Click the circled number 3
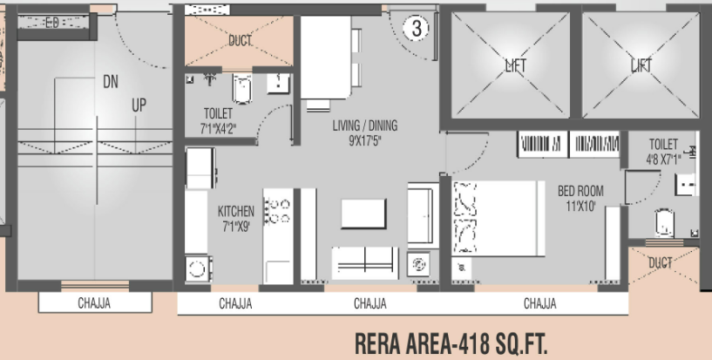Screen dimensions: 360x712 [417, 28]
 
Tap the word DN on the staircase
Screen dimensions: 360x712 [110, 82]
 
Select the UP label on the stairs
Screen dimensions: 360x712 [139, 105]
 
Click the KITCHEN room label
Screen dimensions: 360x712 [235, 210]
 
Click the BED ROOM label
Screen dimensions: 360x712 [580, 191]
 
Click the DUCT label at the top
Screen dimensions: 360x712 [240, 40]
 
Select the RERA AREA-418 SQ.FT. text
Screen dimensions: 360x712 [452, 341]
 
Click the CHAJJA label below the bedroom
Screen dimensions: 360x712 [540, 303]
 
